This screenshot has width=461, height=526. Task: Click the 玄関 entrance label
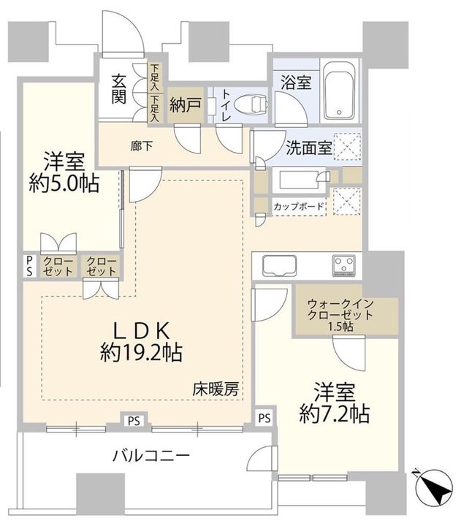[120, 88]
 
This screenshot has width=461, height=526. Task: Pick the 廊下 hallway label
[141, 145]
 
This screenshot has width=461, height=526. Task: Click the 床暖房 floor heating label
[216, 388]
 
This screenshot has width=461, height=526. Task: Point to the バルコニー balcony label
[151, 457]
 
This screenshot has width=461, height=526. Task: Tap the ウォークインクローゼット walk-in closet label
[340, 307]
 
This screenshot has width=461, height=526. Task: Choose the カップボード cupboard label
[299, 207]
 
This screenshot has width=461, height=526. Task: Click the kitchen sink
[277, 264]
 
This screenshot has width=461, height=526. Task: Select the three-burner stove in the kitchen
[343, 264]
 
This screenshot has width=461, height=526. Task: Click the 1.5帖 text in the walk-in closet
[340, 327]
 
